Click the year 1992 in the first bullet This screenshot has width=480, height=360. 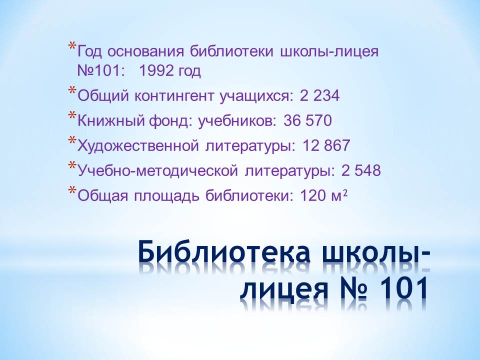[156, 71]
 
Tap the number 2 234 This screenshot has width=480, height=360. [319, 96]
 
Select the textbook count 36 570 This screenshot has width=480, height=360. [307, 120]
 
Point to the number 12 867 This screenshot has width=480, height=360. [326, 145]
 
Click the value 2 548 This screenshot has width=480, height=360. [361, 170]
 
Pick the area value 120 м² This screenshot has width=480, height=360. [323, 195]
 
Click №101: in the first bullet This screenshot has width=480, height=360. [101, 71]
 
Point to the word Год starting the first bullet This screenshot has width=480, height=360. [89, 52]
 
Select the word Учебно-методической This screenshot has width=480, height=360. [157, 170]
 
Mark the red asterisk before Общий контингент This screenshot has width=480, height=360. [72, 90]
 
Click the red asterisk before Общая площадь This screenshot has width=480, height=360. [72, 189]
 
